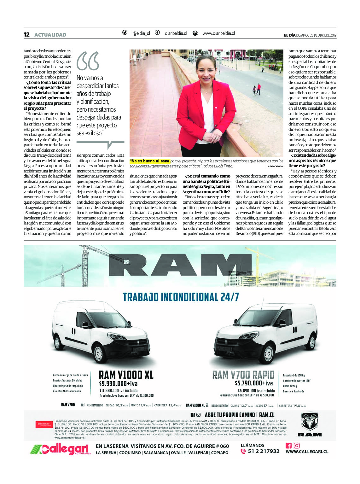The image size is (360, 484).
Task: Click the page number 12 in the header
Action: tap(26, 35)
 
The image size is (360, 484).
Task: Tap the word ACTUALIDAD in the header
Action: tap(50, 35)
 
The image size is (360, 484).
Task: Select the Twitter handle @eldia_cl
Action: tap(141, 33)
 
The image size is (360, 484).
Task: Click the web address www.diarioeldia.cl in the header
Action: tap(219, 33)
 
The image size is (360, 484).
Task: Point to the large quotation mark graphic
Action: tap(88, 61)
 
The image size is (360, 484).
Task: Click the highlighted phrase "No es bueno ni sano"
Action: tap(150, 161)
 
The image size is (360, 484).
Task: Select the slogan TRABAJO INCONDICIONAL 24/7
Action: tap(181, 297)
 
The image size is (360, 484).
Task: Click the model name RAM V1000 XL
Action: tap(126, 375)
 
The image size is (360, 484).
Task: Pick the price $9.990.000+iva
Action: tap(118, 384)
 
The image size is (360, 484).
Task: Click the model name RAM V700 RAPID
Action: tap(243, 375)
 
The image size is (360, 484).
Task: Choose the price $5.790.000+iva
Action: tap(254, 383)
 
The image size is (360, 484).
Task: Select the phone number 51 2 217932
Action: tap(264, 451)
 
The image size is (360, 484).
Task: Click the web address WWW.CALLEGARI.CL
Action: tap(307, 452)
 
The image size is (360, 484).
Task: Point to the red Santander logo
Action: tap(44, 424)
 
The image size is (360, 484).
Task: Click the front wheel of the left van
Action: tap(99, 354)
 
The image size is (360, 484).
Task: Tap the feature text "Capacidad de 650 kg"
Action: tap(294, 376)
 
